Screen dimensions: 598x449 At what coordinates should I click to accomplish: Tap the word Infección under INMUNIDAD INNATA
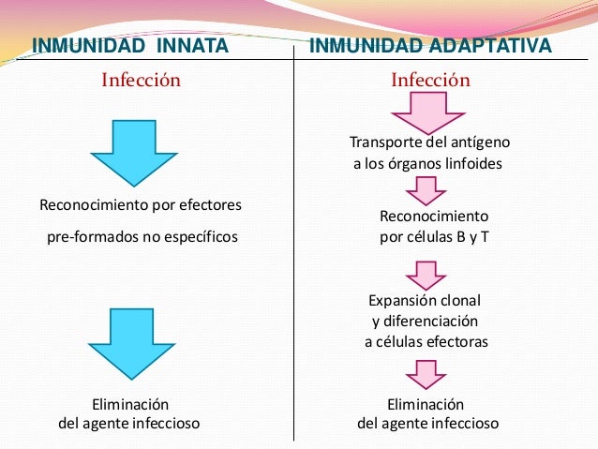(x=141, y=81)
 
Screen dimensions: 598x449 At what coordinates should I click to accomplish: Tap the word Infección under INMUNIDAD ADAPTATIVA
(x=430, y=81)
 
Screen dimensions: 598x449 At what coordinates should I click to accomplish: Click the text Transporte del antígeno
(x=429, y=142)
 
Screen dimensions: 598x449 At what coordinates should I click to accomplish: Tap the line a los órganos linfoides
(x=428, y=163)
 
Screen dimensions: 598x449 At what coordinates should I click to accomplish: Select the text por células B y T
(x=434, y=236)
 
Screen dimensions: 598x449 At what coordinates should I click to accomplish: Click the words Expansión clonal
(x=425, y=301)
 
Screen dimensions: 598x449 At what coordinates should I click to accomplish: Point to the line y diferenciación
(x=425, y=322)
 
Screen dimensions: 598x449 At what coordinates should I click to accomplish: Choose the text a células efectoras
(x=426, y=342)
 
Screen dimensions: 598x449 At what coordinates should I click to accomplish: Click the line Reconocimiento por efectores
(x=141, y=204)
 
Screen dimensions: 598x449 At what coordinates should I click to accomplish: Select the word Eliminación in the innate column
(x=129, y=404)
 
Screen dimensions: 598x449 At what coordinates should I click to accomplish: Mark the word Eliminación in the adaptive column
(x=426, y=404)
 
